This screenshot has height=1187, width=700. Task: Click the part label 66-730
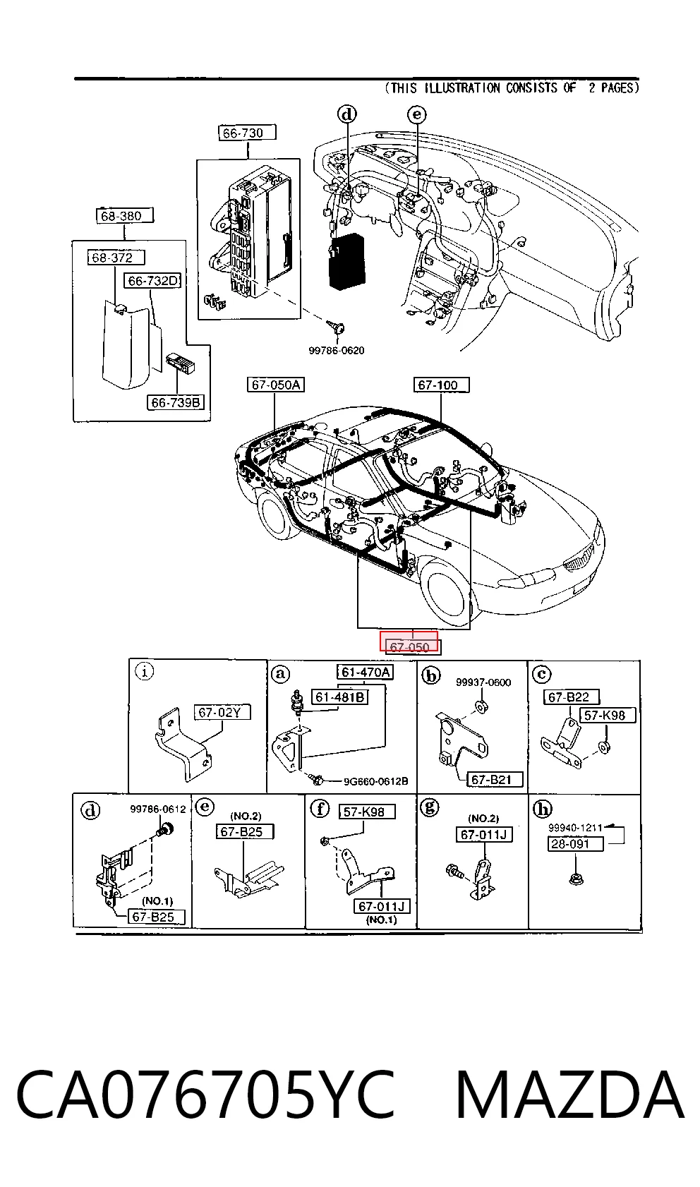click(248, 133)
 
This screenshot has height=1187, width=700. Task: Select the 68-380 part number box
click(125, 216)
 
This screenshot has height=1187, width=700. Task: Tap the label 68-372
click(116, 258)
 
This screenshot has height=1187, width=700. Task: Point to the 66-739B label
click(176, 403)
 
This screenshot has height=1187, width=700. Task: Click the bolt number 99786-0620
click(337, 350)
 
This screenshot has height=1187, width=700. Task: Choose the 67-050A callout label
click(276, 385)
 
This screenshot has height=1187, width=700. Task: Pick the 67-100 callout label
click(442, 385)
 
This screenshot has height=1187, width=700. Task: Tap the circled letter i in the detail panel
click(144, 671)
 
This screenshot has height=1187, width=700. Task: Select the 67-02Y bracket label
click(222, 713)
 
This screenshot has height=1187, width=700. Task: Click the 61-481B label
click(339, 697)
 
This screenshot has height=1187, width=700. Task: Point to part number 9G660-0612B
click(376, 782)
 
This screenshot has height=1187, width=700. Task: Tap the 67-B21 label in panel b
click(495, 780)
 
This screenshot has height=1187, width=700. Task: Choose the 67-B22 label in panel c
click(572, 697)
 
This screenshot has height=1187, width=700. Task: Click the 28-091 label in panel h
click(576, 843)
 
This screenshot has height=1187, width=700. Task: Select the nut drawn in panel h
click(576, 879)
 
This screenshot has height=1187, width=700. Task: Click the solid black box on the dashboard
click(346, 260)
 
